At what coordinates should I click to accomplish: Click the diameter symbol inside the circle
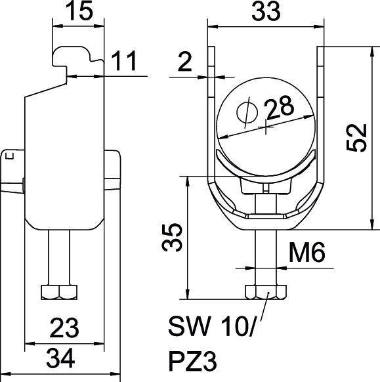click(x=245, y=113)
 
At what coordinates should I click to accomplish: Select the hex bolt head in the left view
click(x=58, y=291)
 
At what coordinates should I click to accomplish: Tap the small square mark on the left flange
click(x=9, y=156)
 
